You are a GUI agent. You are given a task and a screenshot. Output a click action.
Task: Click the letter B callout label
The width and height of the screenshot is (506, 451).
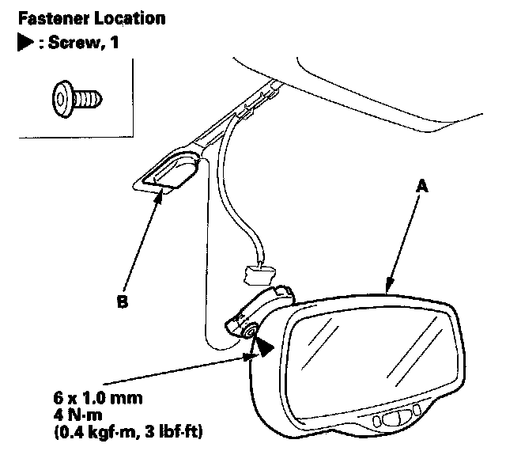[x=120, y=301]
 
